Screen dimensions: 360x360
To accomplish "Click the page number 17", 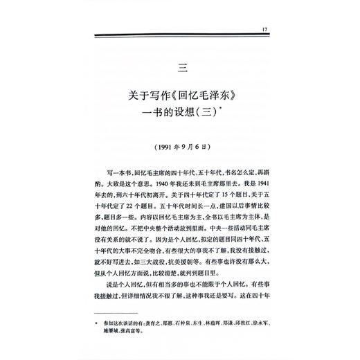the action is [x=264, y=28].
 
